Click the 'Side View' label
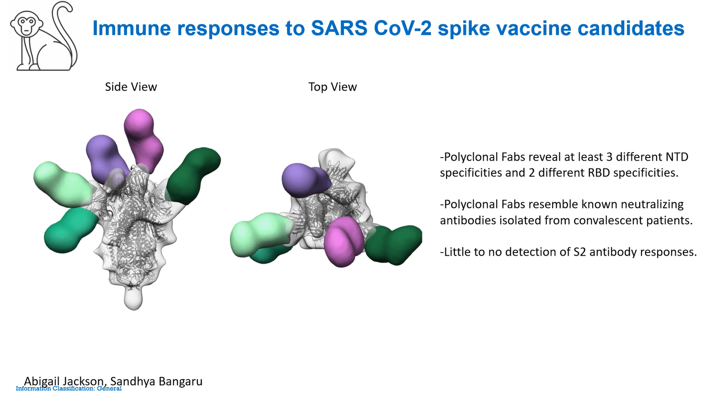(x=131, y=86)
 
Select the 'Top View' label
(x=333, y=86)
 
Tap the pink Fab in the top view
(x=343, y=242)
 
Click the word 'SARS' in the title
(x=339, y=28)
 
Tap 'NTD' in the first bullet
(x=674, y=157)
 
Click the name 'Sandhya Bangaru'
(x=156, y=381)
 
